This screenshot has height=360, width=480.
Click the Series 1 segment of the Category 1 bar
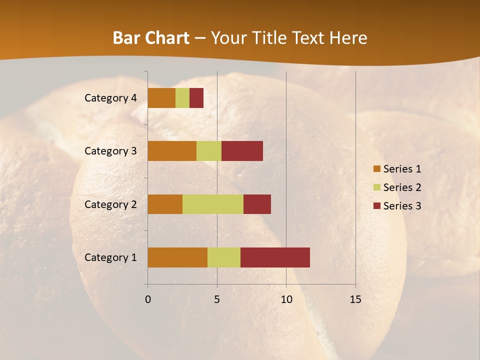(x=177, y=257)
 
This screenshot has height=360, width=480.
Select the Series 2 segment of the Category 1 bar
(x=224, y=257)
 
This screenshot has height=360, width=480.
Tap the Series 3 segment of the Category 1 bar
(x=275, y=257)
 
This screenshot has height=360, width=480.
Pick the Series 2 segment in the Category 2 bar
(x=213, y=204)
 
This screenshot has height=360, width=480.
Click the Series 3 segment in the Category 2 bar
(x=257, y=204)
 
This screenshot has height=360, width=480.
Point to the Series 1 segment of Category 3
(x=172, y=151)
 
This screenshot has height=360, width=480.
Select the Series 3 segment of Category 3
(x=242, y=151)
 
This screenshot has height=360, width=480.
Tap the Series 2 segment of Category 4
(x=182, y=98)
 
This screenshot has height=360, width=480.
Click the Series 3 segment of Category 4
(x=196, y=98)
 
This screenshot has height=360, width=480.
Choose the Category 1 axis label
(x=110, y=257)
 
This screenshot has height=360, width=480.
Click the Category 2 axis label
(x=110, y=204)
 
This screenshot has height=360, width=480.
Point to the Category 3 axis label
(x=110, y=151)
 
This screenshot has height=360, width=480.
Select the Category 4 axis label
(x=110, y=98)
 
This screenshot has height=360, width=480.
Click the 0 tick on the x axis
(x=148, y=300)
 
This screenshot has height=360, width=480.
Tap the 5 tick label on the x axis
(x=217, y=300)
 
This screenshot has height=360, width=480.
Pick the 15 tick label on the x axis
(x=355, y=300)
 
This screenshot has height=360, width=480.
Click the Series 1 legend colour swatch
(x=376, y=169)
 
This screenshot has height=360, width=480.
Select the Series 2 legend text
(x=402, y=187)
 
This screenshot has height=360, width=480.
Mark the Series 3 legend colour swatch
(x=376, y=206)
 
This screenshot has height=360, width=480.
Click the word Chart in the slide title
(x=166, y=38)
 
